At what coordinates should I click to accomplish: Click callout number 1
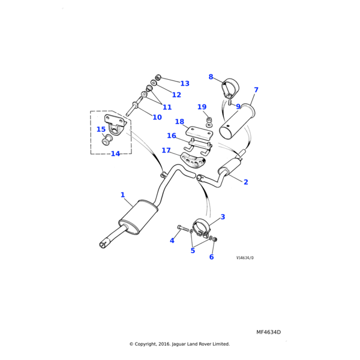pos(122,195)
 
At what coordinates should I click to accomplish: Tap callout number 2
pos(245,182)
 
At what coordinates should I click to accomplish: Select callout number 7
pos(256,90)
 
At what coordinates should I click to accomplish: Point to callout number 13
pos(185,83)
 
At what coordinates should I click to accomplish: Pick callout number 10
pos(157,118)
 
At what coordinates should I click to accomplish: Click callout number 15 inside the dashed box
pos(101,130)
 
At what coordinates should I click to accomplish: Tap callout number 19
pos(202,107)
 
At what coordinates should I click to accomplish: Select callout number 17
pos(166,151)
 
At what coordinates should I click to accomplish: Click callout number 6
pos(211,257)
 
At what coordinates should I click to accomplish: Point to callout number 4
pos(172,241)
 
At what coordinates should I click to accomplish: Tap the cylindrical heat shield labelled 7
pos(237,123)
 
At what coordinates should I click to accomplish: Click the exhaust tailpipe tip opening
pos(103,244)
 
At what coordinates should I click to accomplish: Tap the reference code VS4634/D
pos(245,258)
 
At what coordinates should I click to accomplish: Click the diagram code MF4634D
pos(268,332)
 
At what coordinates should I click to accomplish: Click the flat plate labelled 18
pos(199,132)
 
